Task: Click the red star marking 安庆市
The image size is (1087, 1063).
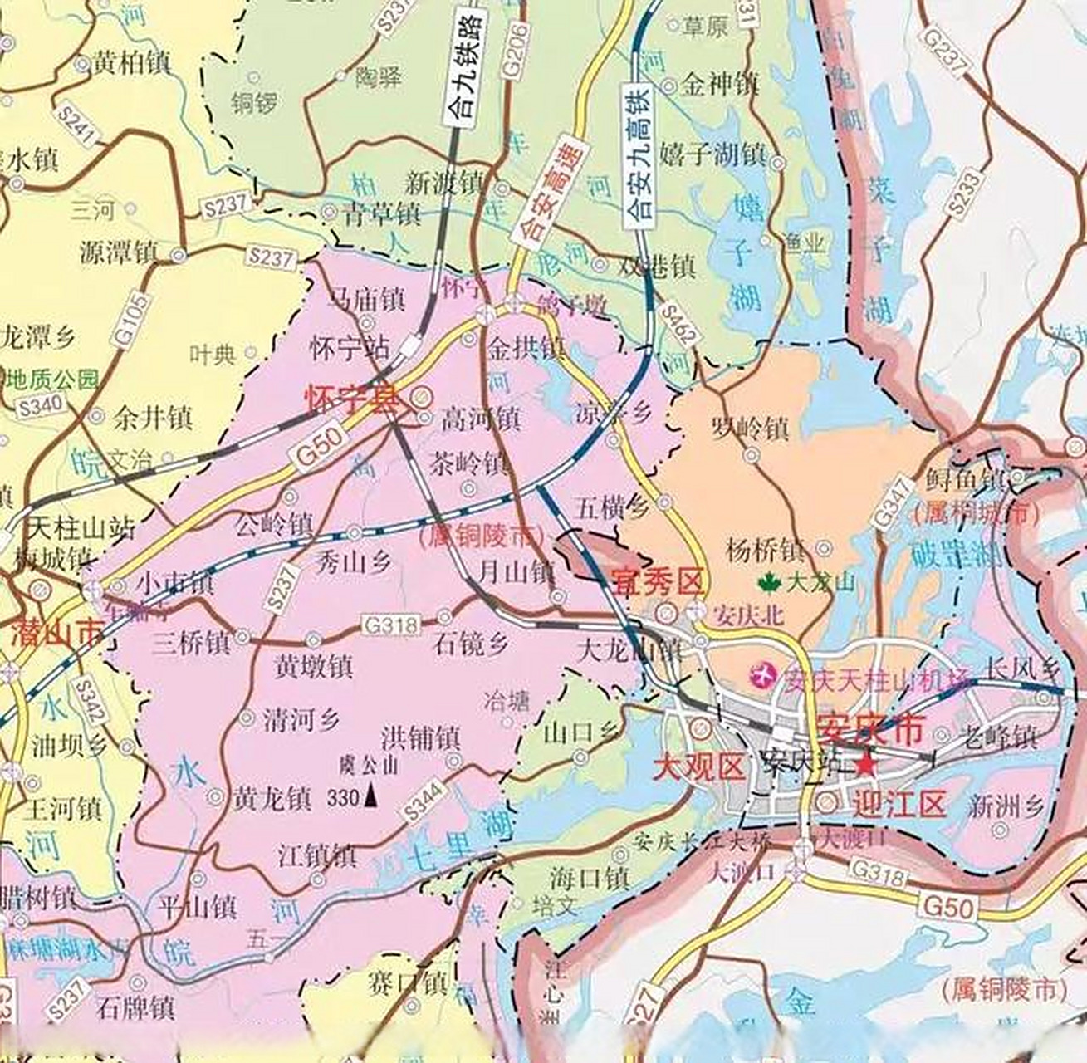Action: click(x=866, y=765)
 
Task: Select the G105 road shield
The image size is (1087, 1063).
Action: click(x=135, y=319)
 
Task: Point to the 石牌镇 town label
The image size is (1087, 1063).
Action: click(x=135, y=1007)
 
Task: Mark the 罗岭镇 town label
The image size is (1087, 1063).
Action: click(x=750, y=429)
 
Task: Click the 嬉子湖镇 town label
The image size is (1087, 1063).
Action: click(x=712, y=154)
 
